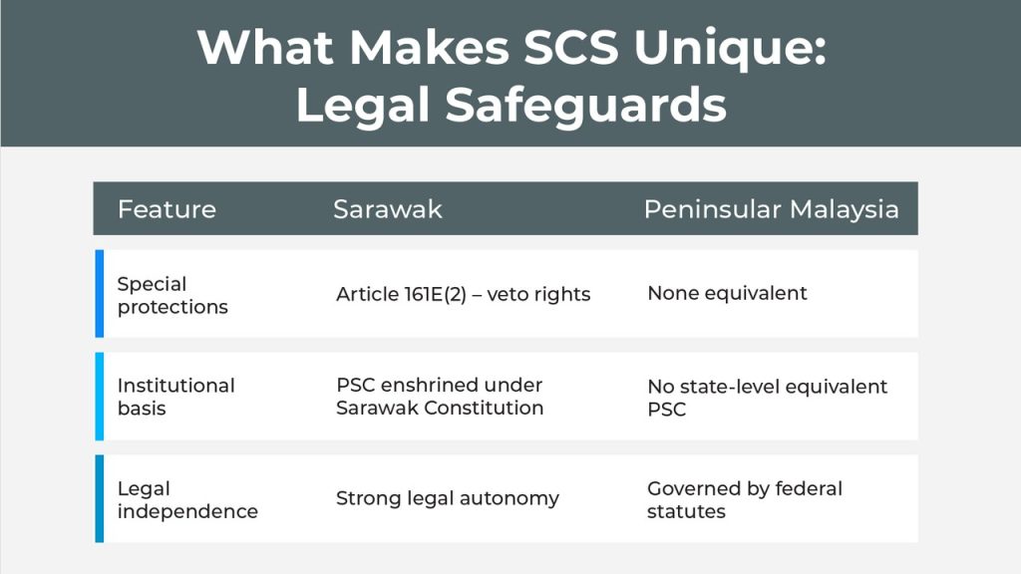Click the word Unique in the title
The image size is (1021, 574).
(730, 49)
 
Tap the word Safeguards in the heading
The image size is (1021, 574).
(586, 104)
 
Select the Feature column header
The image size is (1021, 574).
(167, 209)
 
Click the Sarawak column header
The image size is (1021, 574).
(388, 209)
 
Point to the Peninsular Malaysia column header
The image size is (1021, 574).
(772, 209)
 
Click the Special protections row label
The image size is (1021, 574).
(172, 295)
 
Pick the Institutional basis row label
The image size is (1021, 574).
(175, 397)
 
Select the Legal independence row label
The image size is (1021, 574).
(187, 499)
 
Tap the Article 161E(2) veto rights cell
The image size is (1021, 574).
(463, 294)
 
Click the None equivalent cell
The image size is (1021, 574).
(727, 293)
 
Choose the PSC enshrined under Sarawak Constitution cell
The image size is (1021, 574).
(440, 396)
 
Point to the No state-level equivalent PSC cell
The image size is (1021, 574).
(767, 397)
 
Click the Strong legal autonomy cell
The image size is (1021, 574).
(448, 498)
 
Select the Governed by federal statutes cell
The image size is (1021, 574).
(745, 499)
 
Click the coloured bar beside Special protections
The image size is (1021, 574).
(100, 294)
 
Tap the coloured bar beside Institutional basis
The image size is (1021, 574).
(100, 397)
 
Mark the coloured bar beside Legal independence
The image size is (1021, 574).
(100, 498)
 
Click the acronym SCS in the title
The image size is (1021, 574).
(571, 48)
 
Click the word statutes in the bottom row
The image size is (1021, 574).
(686, 511)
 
